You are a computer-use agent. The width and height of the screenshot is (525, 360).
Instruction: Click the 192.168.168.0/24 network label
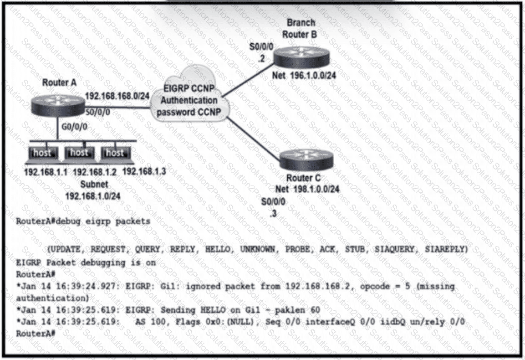pyautogui.click(x=117, y=96)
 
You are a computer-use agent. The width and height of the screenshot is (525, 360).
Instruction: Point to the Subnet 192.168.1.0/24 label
pyautogui.click(x=94, y=190)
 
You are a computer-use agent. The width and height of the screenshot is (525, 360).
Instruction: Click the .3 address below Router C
pyautogui.click(x=273, y=212)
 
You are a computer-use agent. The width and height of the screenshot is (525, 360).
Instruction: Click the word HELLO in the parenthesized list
pyautogui.click(x=220, y=249)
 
